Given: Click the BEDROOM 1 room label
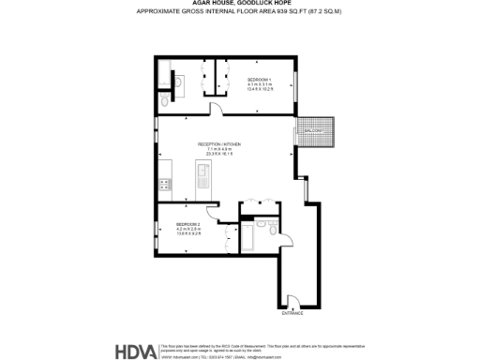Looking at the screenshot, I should click(259, 79).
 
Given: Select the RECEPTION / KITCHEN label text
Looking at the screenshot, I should click(218, 144).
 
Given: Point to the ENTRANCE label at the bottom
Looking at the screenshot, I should click(294, 313).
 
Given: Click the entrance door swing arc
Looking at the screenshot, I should click(293, 301).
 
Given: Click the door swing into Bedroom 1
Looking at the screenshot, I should click(215, 110).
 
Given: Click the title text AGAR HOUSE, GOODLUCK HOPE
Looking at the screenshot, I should click(239, 5).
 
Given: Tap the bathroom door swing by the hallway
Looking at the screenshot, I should click(282, 209).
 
